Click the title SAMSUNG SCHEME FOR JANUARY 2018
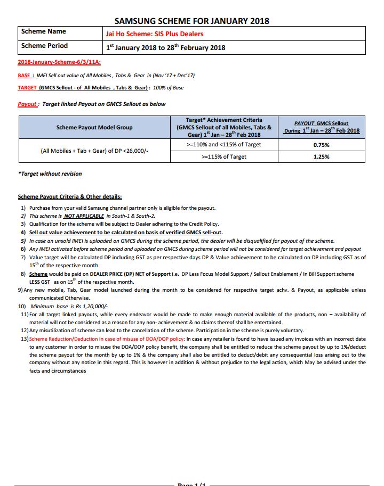[191, 21]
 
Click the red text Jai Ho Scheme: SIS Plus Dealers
[154, 34]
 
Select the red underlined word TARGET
[27, 88]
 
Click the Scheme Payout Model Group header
[94, 127]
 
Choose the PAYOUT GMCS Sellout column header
[322, 127]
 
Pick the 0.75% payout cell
[322, 145]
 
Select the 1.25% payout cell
[322, 157]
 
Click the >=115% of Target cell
[223, 157]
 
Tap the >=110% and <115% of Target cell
[223, 145]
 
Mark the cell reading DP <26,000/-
[94, 151]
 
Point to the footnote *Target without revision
[50, 174]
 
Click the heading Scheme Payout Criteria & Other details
[70, 196]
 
